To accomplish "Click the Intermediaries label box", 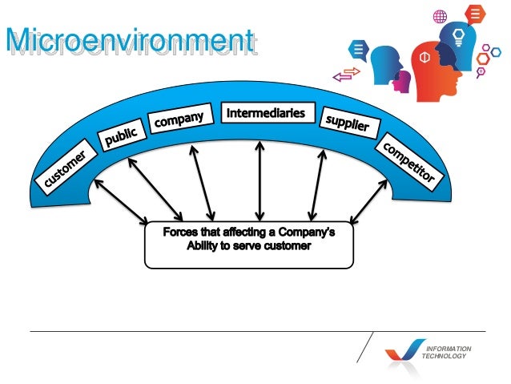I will [265, 113].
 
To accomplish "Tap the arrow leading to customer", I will [120, 201].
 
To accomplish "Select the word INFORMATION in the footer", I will [449, 349].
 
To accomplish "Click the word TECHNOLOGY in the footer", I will [445, 356].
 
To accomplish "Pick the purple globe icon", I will [440, 16].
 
